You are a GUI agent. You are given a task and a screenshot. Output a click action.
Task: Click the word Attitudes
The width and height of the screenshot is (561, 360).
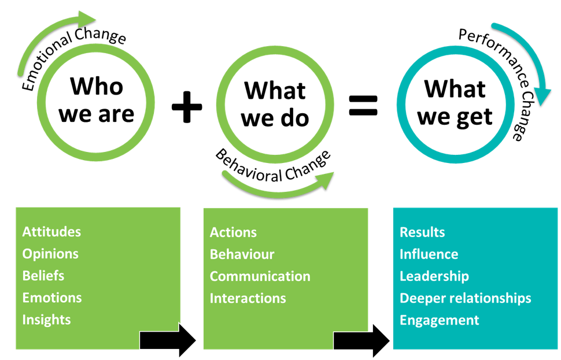click(x=51, y=232)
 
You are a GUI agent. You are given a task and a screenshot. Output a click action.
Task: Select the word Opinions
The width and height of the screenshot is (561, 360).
click(x=50, y=254)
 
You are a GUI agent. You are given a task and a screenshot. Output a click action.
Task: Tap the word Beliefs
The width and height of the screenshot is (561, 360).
click(x=43, y=276)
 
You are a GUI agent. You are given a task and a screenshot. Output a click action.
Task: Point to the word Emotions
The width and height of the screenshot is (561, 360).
click(x=52, y=298)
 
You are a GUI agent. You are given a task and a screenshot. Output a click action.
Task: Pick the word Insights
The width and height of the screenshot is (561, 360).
click(x=46, y=320)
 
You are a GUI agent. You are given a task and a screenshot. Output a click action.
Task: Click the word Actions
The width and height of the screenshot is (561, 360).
click(x=233, y=232)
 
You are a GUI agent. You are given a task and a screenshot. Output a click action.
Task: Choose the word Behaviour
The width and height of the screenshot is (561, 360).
click(x=242, y=254)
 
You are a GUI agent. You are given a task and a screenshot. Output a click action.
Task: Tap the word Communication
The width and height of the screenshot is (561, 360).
click(x=260, y=276)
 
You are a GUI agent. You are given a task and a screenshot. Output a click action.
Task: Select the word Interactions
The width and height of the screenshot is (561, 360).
click(x=248, y=298)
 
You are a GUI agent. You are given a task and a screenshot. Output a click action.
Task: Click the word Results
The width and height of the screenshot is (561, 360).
click(x=422, y=232)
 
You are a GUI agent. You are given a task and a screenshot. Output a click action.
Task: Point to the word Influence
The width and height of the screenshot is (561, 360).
click(x=429, y=254)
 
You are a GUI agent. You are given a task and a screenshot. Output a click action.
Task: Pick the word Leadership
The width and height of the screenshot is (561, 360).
click(x=434, y=276)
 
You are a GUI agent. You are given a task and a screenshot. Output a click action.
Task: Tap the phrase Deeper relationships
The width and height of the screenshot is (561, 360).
click(x=465, y=298)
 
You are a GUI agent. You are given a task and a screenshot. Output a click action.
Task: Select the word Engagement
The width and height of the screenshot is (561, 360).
click(x=439, y=320)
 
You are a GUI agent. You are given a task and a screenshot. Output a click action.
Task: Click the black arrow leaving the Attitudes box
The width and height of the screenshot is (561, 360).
click(x=168, y=341)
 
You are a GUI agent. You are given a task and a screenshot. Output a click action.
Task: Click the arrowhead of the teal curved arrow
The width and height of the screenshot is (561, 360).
click(x=542, y=95)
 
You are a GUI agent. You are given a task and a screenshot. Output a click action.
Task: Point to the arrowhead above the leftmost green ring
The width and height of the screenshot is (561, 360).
click(x=87, y=19)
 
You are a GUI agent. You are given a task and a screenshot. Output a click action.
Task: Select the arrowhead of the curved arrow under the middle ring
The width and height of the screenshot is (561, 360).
click(x=327, y=179)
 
